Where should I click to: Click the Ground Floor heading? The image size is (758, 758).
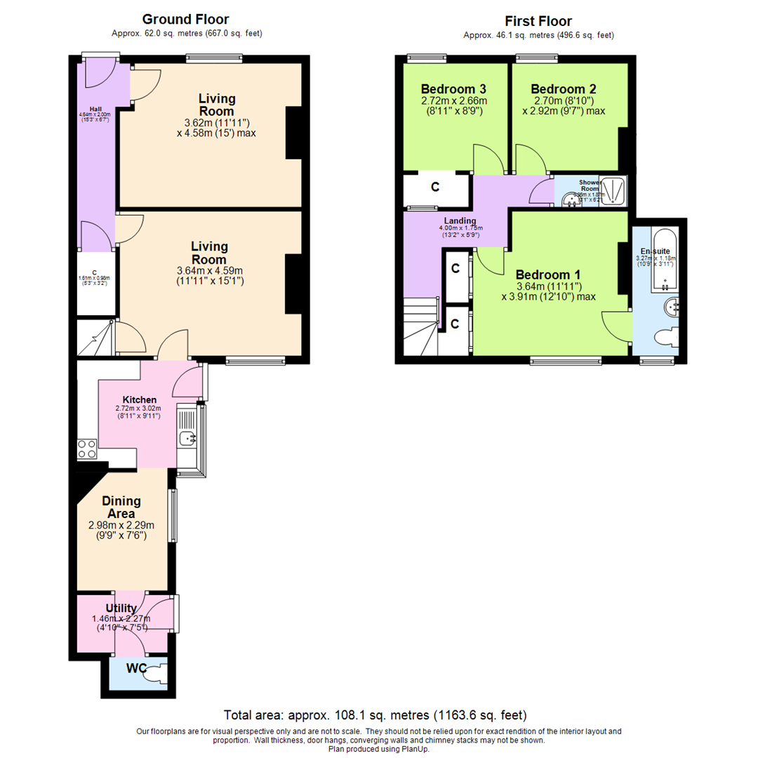coord(185,20)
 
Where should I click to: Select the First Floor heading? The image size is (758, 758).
coord(538,21)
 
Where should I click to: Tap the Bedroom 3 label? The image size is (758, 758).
coord(454,89)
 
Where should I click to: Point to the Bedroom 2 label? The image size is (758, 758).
coord(564,89)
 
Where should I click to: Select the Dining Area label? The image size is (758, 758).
coord(121,507)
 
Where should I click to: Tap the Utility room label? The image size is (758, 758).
coord(121,608)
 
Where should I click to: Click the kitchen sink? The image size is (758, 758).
coord(187,439)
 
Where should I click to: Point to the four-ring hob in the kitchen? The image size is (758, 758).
coord(87,448)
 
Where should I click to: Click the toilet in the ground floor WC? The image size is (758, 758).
coord(156,670)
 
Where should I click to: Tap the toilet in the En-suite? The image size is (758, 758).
coord(665,338)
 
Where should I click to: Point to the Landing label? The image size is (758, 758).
coord(460,220)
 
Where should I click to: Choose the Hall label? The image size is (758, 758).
coord(91,108)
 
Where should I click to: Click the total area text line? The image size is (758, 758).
coord(375,715)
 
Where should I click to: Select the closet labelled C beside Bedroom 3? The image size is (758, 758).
coord(435,187)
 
